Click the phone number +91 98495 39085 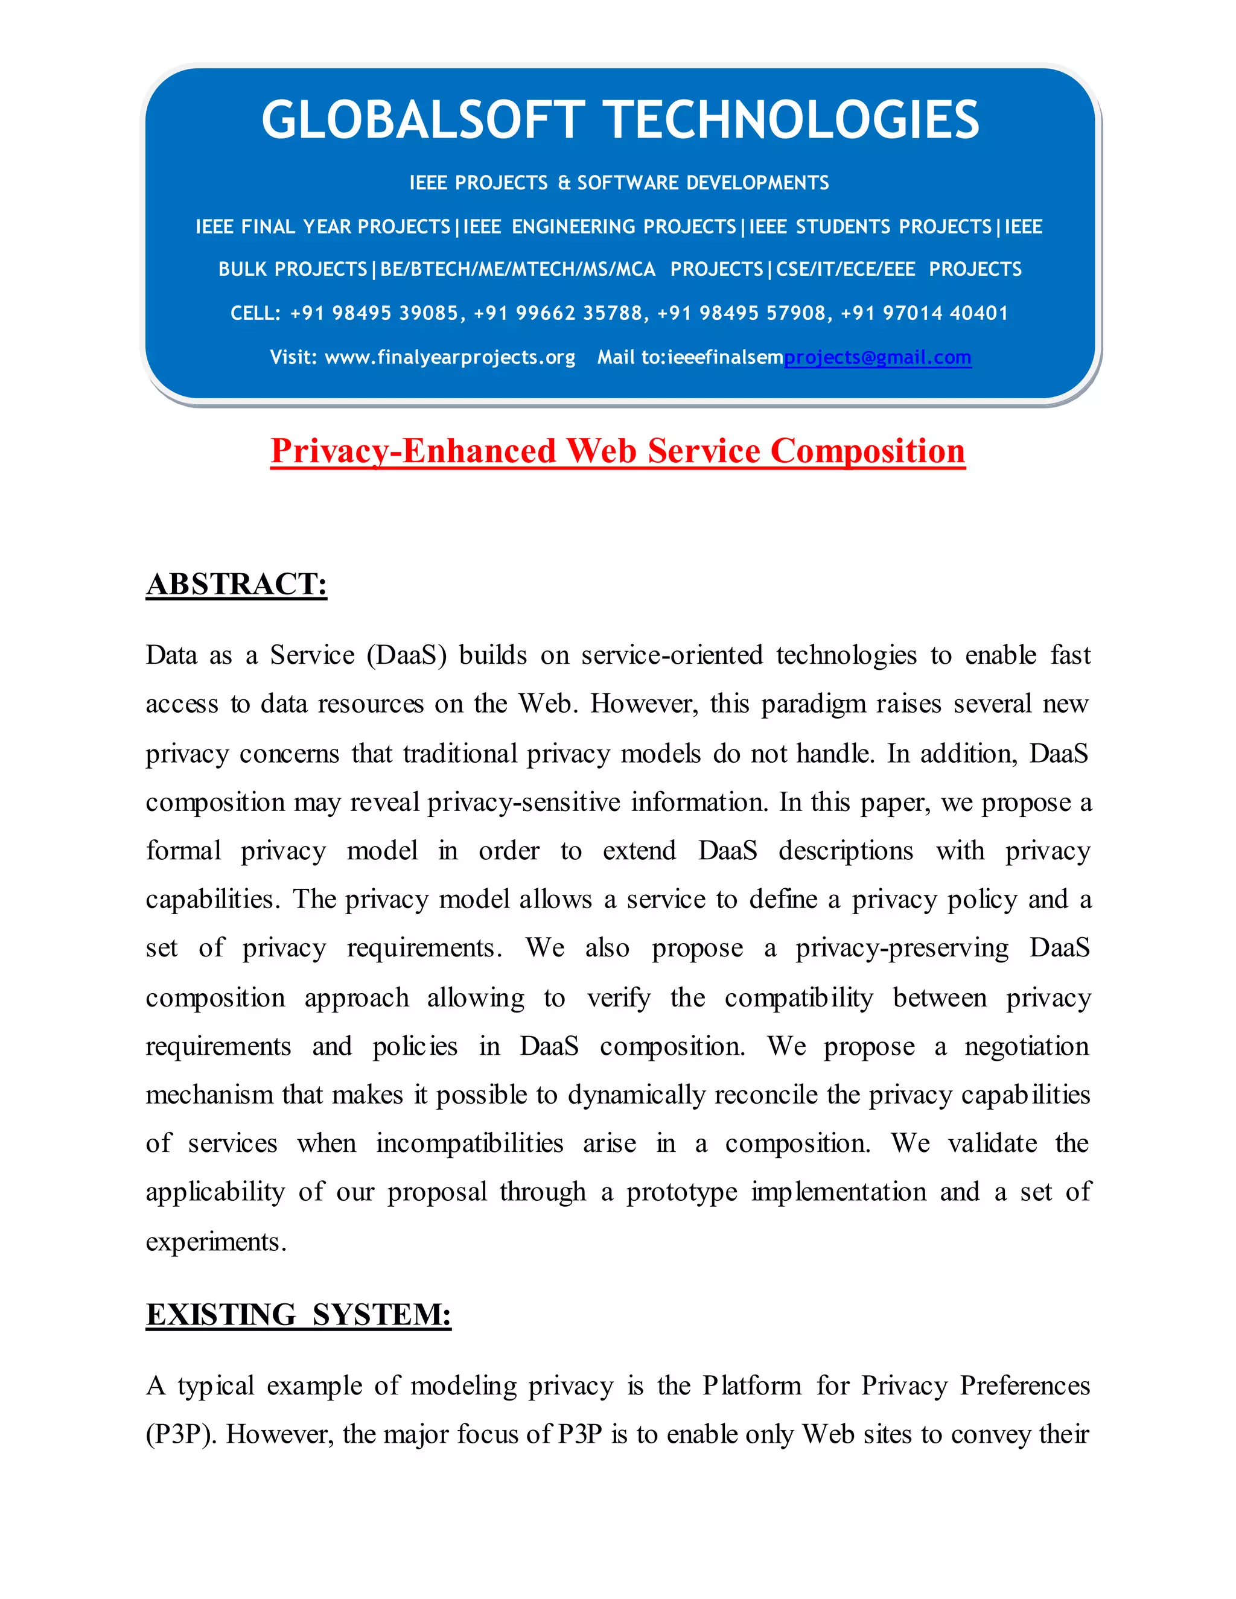(x=374, y=313)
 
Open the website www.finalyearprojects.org (x=450, y=357)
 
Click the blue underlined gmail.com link (x=877, y=357)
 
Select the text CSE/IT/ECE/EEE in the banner (x=845, y=270)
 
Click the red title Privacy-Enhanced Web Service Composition (x=617, y=451)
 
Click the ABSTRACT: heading (x=236, y=584)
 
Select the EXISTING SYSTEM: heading (x=298, y=1315)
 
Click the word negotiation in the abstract (x=1027, y=1046)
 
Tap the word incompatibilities (x=470, y=1143)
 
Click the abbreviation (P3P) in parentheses (x=181, y=1434)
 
